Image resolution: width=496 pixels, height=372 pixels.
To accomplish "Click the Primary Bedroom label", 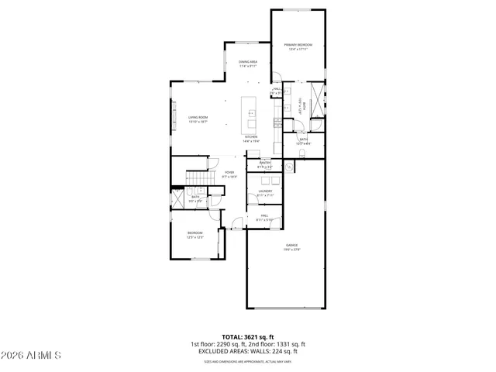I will pos(298,45).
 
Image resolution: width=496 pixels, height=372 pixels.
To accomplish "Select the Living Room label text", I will pos(198,117).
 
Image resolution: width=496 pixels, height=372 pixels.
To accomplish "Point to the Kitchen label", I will pos(251,136).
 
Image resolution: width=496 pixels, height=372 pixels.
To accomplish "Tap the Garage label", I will pos(291,245).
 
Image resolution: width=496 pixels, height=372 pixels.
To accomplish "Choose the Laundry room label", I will pos(264,191).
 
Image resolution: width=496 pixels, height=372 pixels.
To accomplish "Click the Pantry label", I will pos(264,162).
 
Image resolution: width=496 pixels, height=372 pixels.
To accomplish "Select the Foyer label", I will pos(229,172).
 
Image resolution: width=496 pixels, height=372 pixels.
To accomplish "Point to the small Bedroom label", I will pos(195,232).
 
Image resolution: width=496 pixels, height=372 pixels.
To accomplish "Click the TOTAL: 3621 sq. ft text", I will pos(247,337).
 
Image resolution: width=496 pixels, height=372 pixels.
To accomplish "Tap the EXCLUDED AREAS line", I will pos(247,351).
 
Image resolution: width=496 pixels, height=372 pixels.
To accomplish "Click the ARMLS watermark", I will pos(31,356).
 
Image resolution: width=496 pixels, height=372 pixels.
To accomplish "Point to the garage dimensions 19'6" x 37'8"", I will pos(291,250).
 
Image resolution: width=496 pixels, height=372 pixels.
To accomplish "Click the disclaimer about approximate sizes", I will pos(247,361).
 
